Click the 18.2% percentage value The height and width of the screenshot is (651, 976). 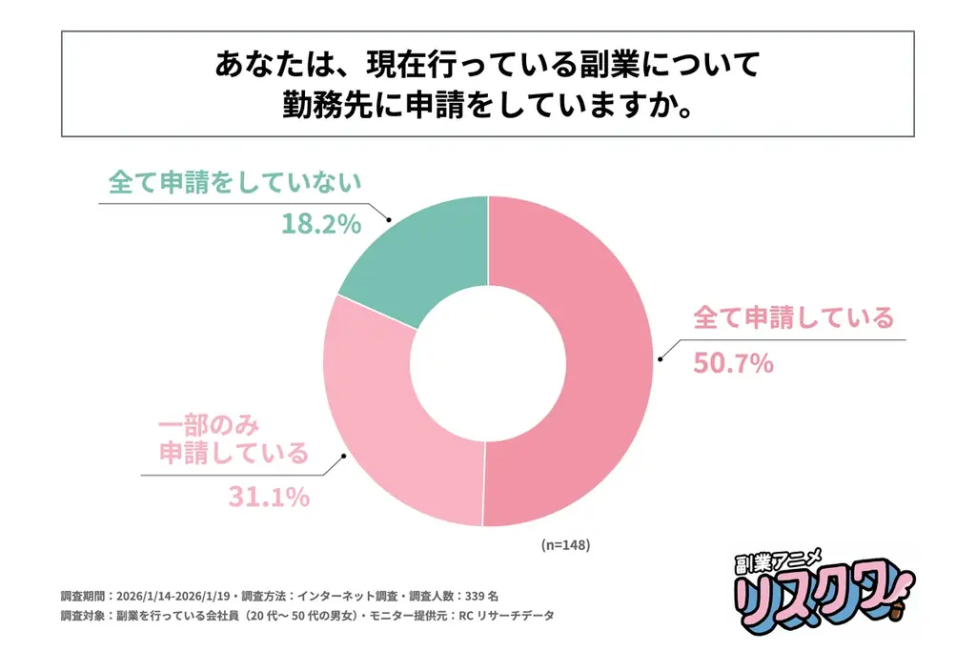[x=320, y=224]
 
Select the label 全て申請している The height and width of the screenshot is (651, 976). [x=793, y=317]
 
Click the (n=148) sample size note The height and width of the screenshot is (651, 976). [x=566, y=546]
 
